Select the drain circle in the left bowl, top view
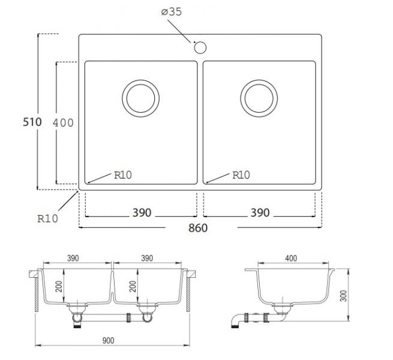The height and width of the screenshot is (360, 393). pyautogui.click(x=141, y=98)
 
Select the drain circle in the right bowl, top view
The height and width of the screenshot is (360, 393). pyautogui.click(x=259, y=98)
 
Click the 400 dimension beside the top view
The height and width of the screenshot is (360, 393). pyautogui.click(x=63, y=122)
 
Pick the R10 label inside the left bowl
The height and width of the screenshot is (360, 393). pyautogui.click(x=122, y=175)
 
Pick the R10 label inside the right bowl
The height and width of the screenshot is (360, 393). pyautogui.click(x=241, y=175)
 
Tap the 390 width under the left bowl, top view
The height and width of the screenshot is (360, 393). pyautogui.click(x=142, y=213)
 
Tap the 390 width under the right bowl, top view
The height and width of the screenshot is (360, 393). pyautogui.click(x=260, y=213)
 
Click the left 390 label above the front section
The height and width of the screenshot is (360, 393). pyautogui.click(x=72, y=259)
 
